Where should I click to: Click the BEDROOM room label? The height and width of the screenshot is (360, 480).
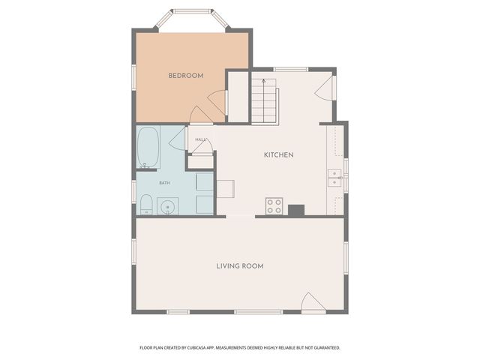(x=185, y=76)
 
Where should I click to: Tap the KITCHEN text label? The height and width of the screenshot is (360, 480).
(x=277, y=155)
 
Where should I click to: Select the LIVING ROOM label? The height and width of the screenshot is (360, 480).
(x=239, y=266)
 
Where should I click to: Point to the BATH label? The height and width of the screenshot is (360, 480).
(x=164, y=183)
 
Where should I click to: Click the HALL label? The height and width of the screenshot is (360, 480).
(x=200, y=139)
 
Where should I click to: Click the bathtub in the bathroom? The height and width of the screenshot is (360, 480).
(x=147, y=148)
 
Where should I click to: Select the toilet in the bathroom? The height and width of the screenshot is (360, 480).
(x=146, y=204)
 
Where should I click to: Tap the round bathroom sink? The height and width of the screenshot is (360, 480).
(x=169, y=206)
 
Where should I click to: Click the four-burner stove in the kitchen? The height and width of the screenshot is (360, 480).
(x=274, y=205)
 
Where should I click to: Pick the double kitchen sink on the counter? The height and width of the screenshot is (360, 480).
(x=334, y=178)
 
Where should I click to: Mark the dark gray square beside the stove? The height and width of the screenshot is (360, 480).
(x=296, y=210)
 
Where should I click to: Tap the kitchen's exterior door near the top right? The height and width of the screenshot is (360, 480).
(x=324, y=88)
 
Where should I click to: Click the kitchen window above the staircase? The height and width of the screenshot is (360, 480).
(x=290, y=70)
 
